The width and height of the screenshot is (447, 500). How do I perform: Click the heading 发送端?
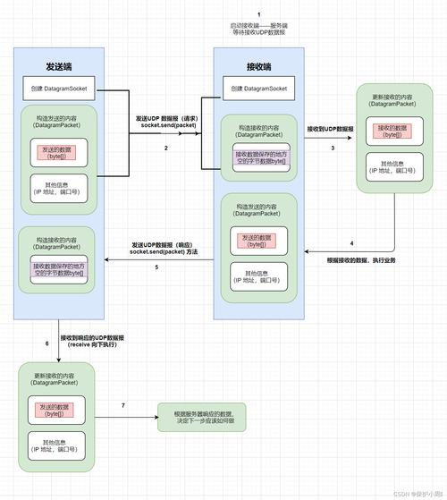[60, 66]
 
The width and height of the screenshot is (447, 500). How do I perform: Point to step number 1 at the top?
[258, 14]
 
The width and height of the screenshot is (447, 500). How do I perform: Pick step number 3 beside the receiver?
[333, 148]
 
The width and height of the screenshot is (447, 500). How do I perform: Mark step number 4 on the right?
[351, 243]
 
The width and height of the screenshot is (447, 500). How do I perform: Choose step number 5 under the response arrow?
[156, 267]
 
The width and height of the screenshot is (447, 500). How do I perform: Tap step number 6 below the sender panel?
[46, 343]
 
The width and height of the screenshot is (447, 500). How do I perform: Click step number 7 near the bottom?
[122, 406]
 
